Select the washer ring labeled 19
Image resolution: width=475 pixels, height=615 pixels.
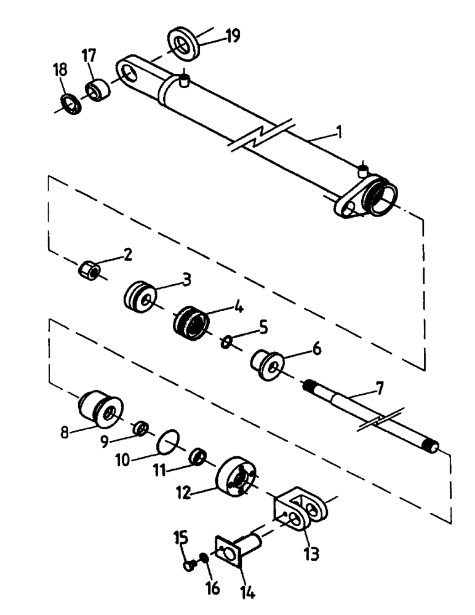pos(183,44)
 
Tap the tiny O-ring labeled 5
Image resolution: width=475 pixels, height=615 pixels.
pos(226,341)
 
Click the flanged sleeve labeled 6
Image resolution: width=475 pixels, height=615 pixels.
pos(266,364)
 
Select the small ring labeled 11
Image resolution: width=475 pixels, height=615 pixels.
pos(198,457)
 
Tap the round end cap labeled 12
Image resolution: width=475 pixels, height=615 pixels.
pos(237,479)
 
